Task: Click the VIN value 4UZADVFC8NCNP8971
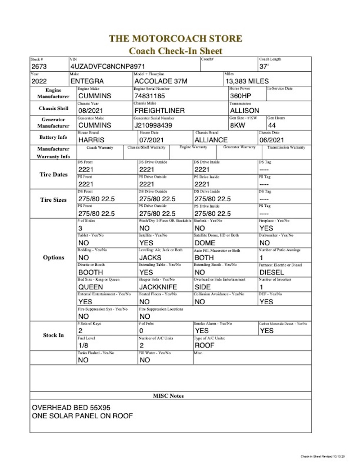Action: (108, 67)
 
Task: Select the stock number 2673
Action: (39, 67)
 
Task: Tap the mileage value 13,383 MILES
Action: (247, 81)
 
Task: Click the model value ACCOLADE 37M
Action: (161, 81)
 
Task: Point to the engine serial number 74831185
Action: (149, 96)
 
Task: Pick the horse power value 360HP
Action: (240, 96)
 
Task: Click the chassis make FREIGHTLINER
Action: (159, 111)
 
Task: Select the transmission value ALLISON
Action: (244, 111)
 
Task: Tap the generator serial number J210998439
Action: (153, 125)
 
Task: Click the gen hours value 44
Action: (272, 125)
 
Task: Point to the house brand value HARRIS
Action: (91, 140)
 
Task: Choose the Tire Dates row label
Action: (53, 175)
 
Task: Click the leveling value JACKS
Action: (150, 258)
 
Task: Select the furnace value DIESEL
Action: (272, 273)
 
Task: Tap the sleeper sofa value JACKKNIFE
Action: (158, 287)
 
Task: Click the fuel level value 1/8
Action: (83, 345)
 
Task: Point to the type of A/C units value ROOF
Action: (204, 345)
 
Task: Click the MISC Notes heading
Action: (168, 396)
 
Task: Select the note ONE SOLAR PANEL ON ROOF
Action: (82, 416)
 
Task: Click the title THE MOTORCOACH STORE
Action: (175, 39)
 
